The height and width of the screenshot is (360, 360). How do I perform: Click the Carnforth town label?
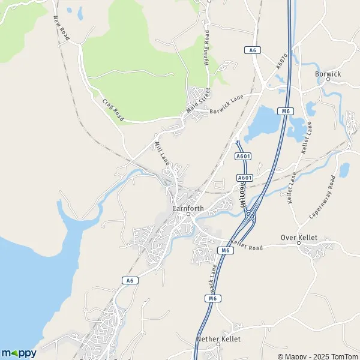[188, 208]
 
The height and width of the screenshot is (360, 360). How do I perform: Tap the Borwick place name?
[328, 73]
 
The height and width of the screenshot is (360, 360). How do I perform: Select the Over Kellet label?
[299, 238]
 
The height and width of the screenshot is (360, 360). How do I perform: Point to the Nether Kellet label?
[218, 339]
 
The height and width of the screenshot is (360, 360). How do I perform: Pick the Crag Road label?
[112, 110]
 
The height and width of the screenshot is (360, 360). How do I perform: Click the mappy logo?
[19, 353]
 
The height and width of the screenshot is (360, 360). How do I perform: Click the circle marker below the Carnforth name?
[188, 214]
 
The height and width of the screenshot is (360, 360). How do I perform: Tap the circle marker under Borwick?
[328, 79]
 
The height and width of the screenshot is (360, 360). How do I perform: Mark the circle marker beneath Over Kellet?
[298, 244]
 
